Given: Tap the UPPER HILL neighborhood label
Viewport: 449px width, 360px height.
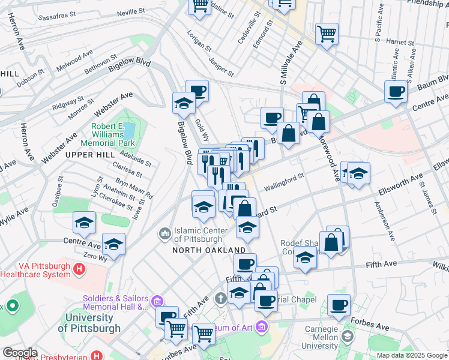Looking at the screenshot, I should pos(85,155).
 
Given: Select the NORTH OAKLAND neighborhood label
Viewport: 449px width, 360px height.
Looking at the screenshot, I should pos(209,250).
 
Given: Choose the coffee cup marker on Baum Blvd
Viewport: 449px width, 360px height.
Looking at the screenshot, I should pos(396,91).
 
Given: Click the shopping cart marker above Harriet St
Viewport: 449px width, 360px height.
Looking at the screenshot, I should pos(327,33).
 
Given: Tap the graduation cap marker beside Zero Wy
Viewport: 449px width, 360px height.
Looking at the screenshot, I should pos(113,244).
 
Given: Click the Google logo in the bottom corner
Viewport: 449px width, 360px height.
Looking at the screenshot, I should pos(19,353).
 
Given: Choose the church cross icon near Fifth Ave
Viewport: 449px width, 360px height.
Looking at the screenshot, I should pos(221,298).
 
